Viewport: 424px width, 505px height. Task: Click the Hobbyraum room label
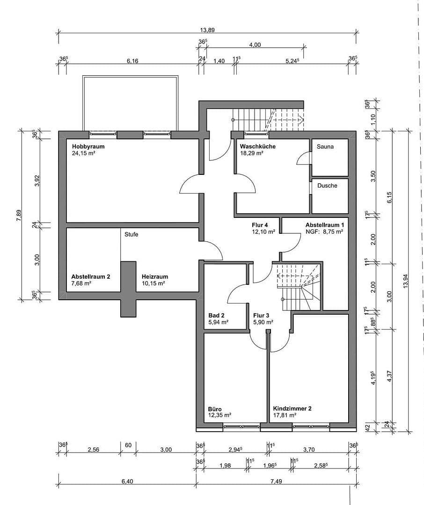(88, 146)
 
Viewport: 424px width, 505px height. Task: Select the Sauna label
(325, 146)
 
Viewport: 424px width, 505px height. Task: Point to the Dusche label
(327, 186)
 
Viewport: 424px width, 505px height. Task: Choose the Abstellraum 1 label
(325, 225)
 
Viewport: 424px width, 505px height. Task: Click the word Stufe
(131, 235)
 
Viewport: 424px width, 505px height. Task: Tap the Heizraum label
(154, 277)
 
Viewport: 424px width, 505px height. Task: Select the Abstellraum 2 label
(90, 277)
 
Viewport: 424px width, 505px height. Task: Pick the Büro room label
(215, 408)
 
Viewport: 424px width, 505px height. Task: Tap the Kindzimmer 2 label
(292, 408)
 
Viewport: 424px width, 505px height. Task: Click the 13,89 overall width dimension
(207, 30)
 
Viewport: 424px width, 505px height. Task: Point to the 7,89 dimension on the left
(19, 215)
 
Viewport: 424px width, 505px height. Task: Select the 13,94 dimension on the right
(405, 281)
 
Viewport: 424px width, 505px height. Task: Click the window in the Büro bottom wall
(241, 426)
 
